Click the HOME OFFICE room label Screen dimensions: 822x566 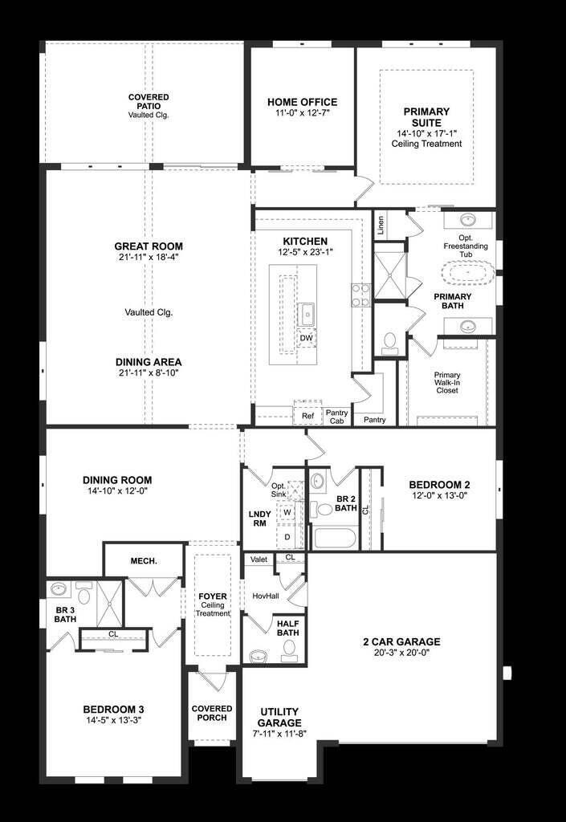tap(302, 102)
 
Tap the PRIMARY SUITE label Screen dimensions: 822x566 tap(426, 116)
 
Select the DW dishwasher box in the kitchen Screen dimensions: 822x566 tap(306, 338)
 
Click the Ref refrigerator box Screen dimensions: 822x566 tap(307, 416)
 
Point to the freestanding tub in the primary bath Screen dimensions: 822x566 tap(470, 273)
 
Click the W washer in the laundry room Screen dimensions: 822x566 tap(287, 511)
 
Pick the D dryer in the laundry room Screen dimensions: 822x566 tap(287, 535)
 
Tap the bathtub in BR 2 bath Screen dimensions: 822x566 tap(336, 537)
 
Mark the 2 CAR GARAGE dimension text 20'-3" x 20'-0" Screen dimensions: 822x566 tap(401, 653)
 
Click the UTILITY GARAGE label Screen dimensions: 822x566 tap(279, 718)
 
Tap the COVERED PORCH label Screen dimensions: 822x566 tap(212, 713)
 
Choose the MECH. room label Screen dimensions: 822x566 tap(144, 560)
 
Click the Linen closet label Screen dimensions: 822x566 tap(380, 223)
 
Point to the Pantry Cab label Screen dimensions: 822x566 tap(336, 416)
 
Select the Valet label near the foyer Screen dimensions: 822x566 tap(259, 560)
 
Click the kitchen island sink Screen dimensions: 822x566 tap(306, 311)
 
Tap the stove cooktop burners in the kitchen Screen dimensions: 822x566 tap(359, 295)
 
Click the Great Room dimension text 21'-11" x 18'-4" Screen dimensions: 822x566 tap(149, 258)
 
